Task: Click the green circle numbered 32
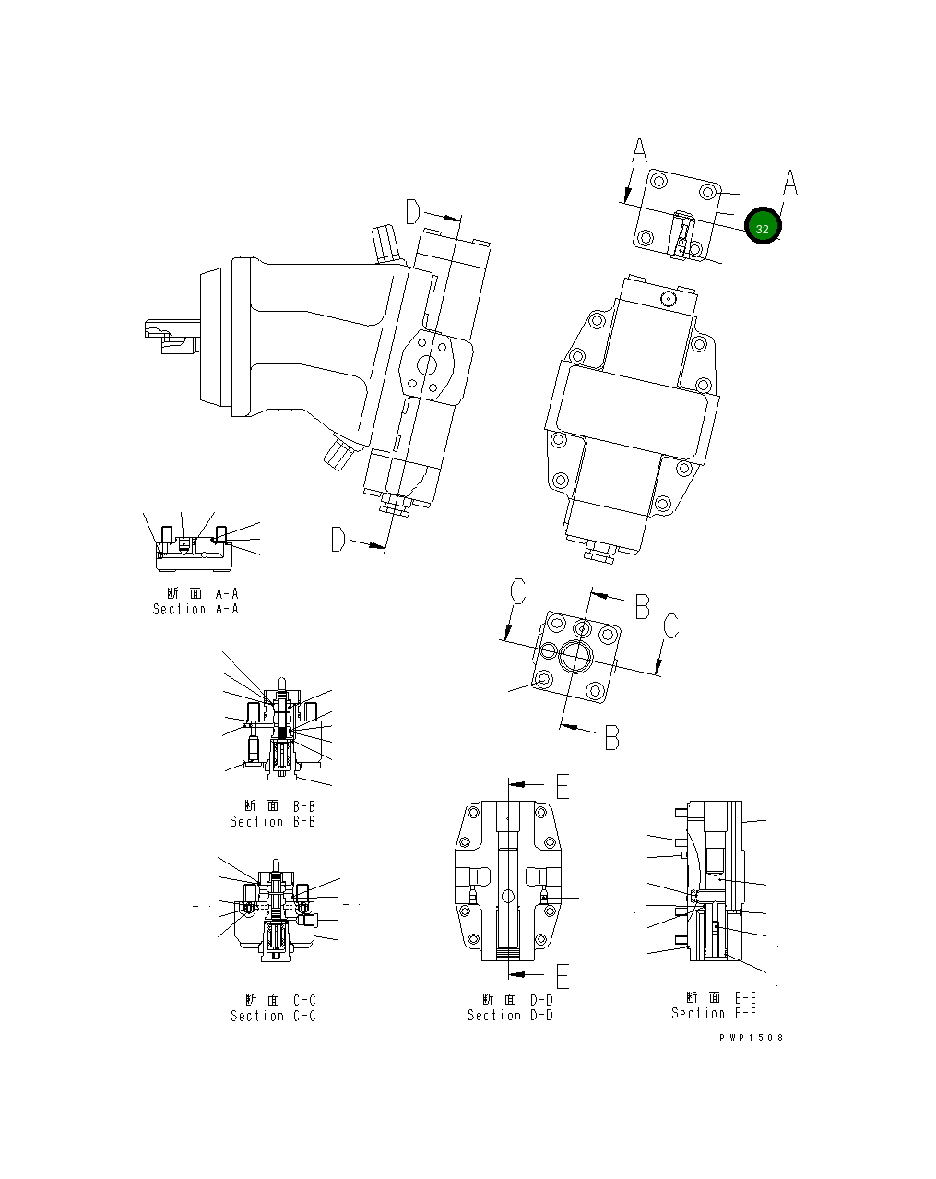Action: click(763, 227)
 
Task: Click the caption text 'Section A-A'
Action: click(195, 610)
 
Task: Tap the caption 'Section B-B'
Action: click(272, 822)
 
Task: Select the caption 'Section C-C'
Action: click(273, 1017)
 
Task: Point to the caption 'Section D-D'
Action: click(510, 1016)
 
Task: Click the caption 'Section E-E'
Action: click(714, 1014)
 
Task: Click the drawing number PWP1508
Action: click(752, 1038)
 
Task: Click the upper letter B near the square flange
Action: click(643, 606)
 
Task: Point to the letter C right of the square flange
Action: click(671, 626)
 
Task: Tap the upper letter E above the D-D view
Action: click(563, 785)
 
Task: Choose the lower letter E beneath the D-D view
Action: click(563, 975)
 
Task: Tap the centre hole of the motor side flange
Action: click(428, 365)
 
